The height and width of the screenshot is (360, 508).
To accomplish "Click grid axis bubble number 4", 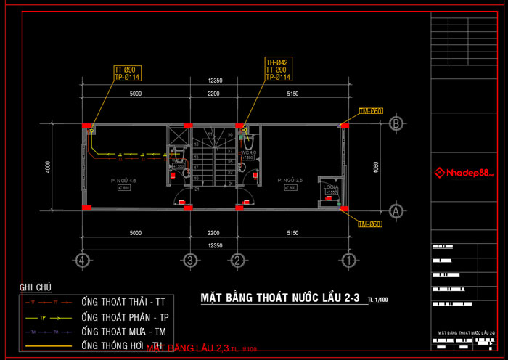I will pos(83,260).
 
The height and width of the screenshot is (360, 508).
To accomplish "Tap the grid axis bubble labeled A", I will pos(396,210).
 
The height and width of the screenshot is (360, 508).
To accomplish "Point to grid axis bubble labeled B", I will pos(396,124).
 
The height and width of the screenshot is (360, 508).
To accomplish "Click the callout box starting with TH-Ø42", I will pos(278,70).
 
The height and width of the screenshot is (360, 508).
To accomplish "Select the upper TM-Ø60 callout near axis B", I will pos(370,111).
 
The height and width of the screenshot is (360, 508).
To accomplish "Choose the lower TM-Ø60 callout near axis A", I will pos(370,224).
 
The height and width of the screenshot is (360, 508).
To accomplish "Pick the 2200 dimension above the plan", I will pos(213,94).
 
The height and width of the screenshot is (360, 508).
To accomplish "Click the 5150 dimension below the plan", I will pos(293,233).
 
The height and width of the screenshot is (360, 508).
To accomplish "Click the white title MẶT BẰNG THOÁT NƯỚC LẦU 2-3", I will pos(279,298).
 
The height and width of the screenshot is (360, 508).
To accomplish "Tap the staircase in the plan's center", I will pos(213,156).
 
